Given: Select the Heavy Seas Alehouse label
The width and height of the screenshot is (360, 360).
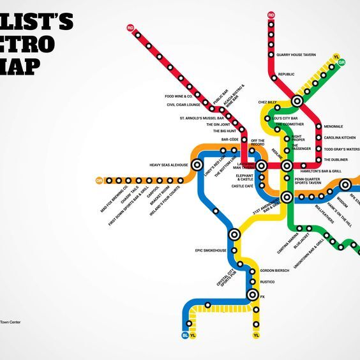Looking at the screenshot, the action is [x=169, y=165].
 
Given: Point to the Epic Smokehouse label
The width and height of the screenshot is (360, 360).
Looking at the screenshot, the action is [x=211, y=250].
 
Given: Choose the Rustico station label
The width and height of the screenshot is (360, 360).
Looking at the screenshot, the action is [x=267, y=281].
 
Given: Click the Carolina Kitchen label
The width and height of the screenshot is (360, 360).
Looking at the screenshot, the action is [x=340, y=137].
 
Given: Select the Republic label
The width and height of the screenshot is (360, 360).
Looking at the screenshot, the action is [x=286, y=75].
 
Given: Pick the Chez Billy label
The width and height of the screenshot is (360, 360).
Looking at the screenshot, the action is [x=267, y=102].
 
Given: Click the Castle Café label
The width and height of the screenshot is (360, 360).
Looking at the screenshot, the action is [x=243, y=186].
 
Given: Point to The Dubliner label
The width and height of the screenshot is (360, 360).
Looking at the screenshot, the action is [x=336, y=159].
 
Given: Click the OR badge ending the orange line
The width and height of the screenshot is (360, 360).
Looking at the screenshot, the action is [x=99, y=181].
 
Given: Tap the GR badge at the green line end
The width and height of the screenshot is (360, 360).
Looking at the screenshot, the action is [x=342, y=62].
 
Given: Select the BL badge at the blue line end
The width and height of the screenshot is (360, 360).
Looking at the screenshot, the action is [x=185, y=335].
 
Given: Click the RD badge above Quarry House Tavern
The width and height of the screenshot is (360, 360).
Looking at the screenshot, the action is [x=271, y=15].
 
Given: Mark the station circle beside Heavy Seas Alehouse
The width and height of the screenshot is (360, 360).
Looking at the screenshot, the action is [x=197, y=165].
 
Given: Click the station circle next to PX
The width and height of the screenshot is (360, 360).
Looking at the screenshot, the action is [x=253, y=295].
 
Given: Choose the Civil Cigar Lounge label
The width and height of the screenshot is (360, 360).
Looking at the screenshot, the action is [x=184, y=105].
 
